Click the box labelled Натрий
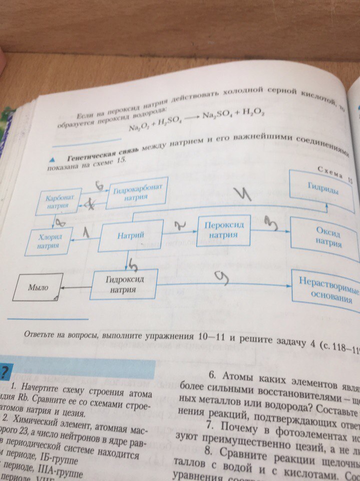[132, 235]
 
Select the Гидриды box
[325, 189]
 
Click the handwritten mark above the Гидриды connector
[245, 195]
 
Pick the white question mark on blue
[4, 372]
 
